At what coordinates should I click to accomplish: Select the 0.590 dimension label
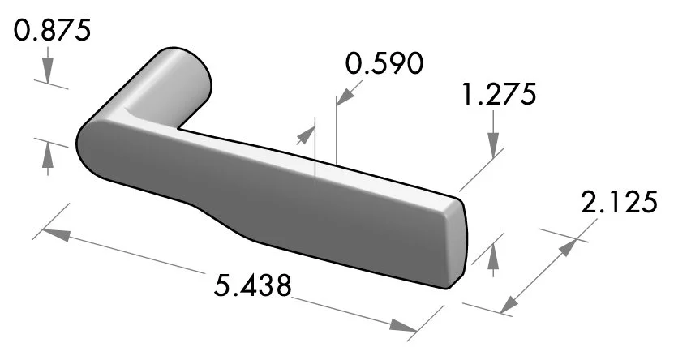tap(384, 63)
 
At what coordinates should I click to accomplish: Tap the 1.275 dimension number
tap(498, 95)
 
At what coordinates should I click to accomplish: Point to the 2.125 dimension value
tap(618, 202)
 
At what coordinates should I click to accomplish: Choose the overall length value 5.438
tap(253, 285)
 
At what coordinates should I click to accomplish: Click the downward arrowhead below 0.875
tap(49, 75)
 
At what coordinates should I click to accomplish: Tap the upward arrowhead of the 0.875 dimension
tap(49, 152)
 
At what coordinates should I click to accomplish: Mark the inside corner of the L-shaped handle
tap(180, 128)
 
